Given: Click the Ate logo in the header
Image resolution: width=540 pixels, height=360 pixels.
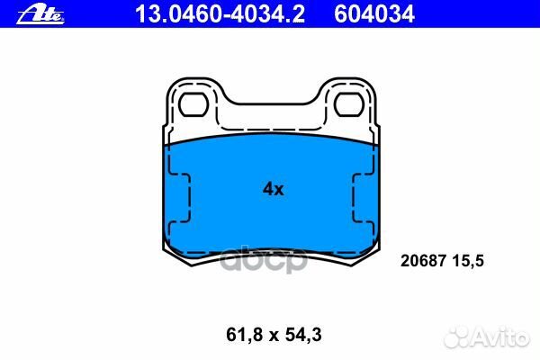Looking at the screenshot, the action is [x=40, y=14].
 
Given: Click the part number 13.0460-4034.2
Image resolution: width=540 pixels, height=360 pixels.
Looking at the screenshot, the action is [x=220, y=14].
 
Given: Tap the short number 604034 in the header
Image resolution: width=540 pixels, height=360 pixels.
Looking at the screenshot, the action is [x=374, y=14].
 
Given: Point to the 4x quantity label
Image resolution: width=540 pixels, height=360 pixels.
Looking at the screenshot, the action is [x=274, y=189].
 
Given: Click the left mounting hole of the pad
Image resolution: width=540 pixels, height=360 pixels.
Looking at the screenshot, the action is [x=193, y=104].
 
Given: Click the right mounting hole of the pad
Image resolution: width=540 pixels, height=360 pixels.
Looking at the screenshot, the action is [x=349, y=104].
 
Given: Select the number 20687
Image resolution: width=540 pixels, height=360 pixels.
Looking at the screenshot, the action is [x=423, y=261].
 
